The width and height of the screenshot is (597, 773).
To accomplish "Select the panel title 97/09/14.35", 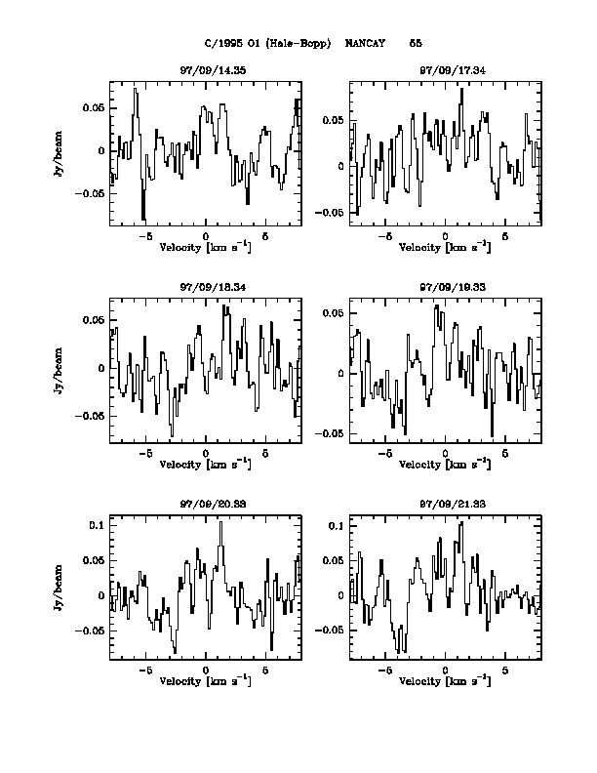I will pos(206,71).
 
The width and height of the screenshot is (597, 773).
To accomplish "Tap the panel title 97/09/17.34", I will pos(445,71).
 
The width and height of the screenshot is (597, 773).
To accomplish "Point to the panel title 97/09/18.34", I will pos(206,288).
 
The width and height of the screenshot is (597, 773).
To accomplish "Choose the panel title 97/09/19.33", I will pos(445,288).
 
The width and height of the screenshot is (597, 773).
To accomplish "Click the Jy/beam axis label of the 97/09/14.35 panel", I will pos(59,150).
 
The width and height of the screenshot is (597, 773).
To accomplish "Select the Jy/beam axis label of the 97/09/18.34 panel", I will pos(59,368).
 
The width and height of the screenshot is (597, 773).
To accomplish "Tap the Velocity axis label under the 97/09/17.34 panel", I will pos(445,247).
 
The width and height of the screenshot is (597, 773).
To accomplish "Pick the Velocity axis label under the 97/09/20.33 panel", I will pos(206,680).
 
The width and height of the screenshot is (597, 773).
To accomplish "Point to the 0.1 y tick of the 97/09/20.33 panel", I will pos(97,525).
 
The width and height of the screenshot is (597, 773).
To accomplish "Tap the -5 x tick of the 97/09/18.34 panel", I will pos(145,454).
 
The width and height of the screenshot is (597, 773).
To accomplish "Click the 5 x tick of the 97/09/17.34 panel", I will pos(505,237).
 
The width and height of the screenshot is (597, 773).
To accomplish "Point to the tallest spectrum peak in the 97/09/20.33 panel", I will pos(221,522).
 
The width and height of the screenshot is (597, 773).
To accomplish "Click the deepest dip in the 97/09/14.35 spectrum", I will pos(143,220).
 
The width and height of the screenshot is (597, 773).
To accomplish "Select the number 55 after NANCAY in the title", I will pos(416,43).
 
